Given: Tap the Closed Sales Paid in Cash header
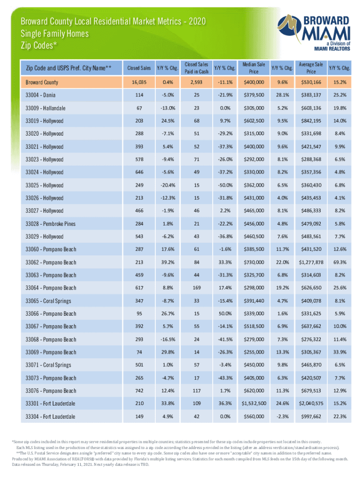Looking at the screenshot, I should (x=196, y=68).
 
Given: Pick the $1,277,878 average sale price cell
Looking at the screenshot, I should (x=308, y=262).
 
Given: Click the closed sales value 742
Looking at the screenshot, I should (x=139, y=391).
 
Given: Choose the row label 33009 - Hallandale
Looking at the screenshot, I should (x=45, y=108).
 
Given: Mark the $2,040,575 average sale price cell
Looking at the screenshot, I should (x=308, y=403).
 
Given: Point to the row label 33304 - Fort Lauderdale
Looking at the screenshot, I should (x=52, y=416).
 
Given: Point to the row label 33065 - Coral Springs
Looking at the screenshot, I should (x=49, y=301).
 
